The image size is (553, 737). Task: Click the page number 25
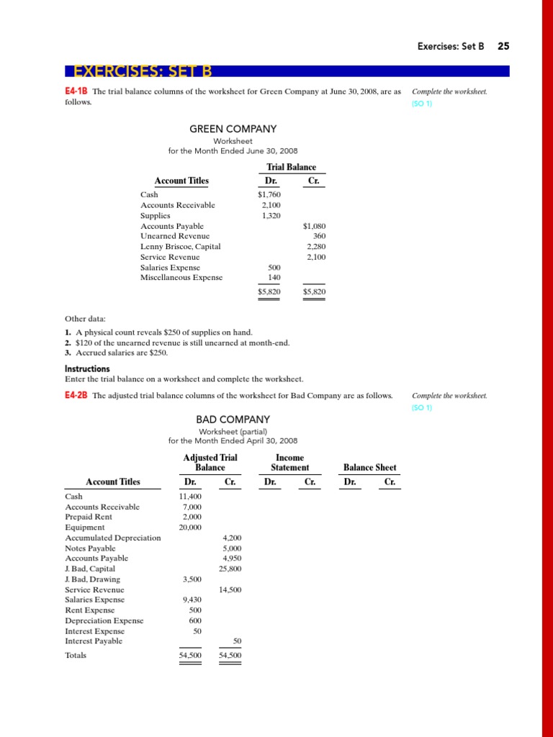[503, 46]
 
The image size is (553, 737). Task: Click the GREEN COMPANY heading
[233, 129]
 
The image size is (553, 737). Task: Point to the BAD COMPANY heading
[233, 419]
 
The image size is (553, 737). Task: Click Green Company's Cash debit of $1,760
[269, 194]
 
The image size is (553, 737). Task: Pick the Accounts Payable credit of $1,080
[315, 226]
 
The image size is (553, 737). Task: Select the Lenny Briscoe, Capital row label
[180, 247]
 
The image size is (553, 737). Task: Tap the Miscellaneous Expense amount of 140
[274, 278]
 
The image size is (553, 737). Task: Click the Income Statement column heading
[289, 462]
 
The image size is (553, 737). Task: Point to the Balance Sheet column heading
[369, 467]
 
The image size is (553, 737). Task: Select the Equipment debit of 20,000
[192, 528]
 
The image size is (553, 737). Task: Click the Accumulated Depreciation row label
[113, 538]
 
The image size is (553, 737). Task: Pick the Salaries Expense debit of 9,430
[193, 600]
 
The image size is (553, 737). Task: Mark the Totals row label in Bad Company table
[76, 656]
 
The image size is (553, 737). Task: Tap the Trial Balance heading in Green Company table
[291, 167]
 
